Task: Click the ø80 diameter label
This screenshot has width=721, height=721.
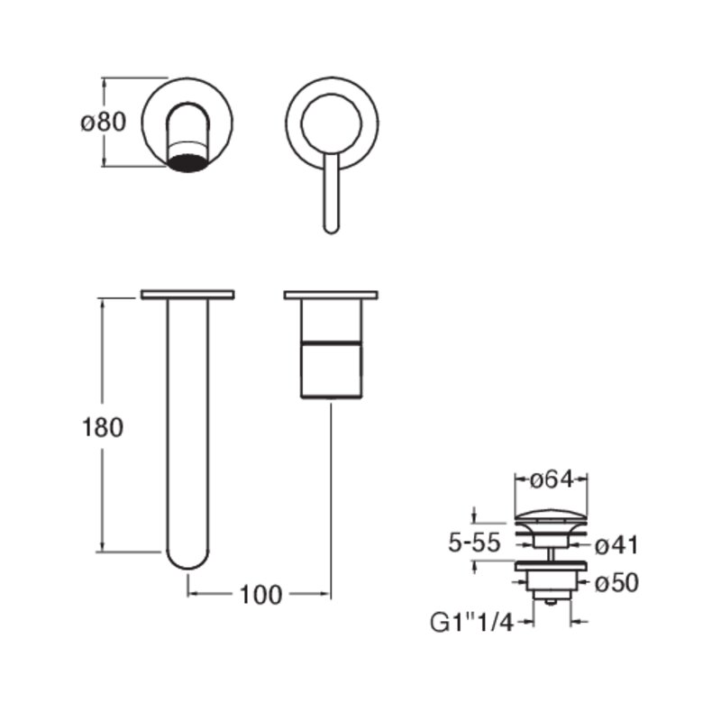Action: pos(103,123)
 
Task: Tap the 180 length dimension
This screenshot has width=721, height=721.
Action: pos(103,427)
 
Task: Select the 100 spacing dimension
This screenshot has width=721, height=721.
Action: pos(260,595)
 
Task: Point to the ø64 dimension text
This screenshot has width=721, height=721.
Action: pos(552,480)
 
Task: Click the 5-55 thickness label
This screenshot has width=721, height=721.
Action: pos(474,543)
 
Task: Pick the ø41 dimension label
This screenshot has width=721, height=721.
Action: pos(616,546)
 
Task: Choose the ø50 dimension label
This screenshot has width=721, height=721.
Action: pos(616,583)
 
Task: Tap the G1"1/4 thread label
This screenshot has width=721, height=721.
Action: pos(471,623)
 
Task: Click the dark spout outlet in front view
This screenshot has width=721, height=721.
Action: pos(187,163)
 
